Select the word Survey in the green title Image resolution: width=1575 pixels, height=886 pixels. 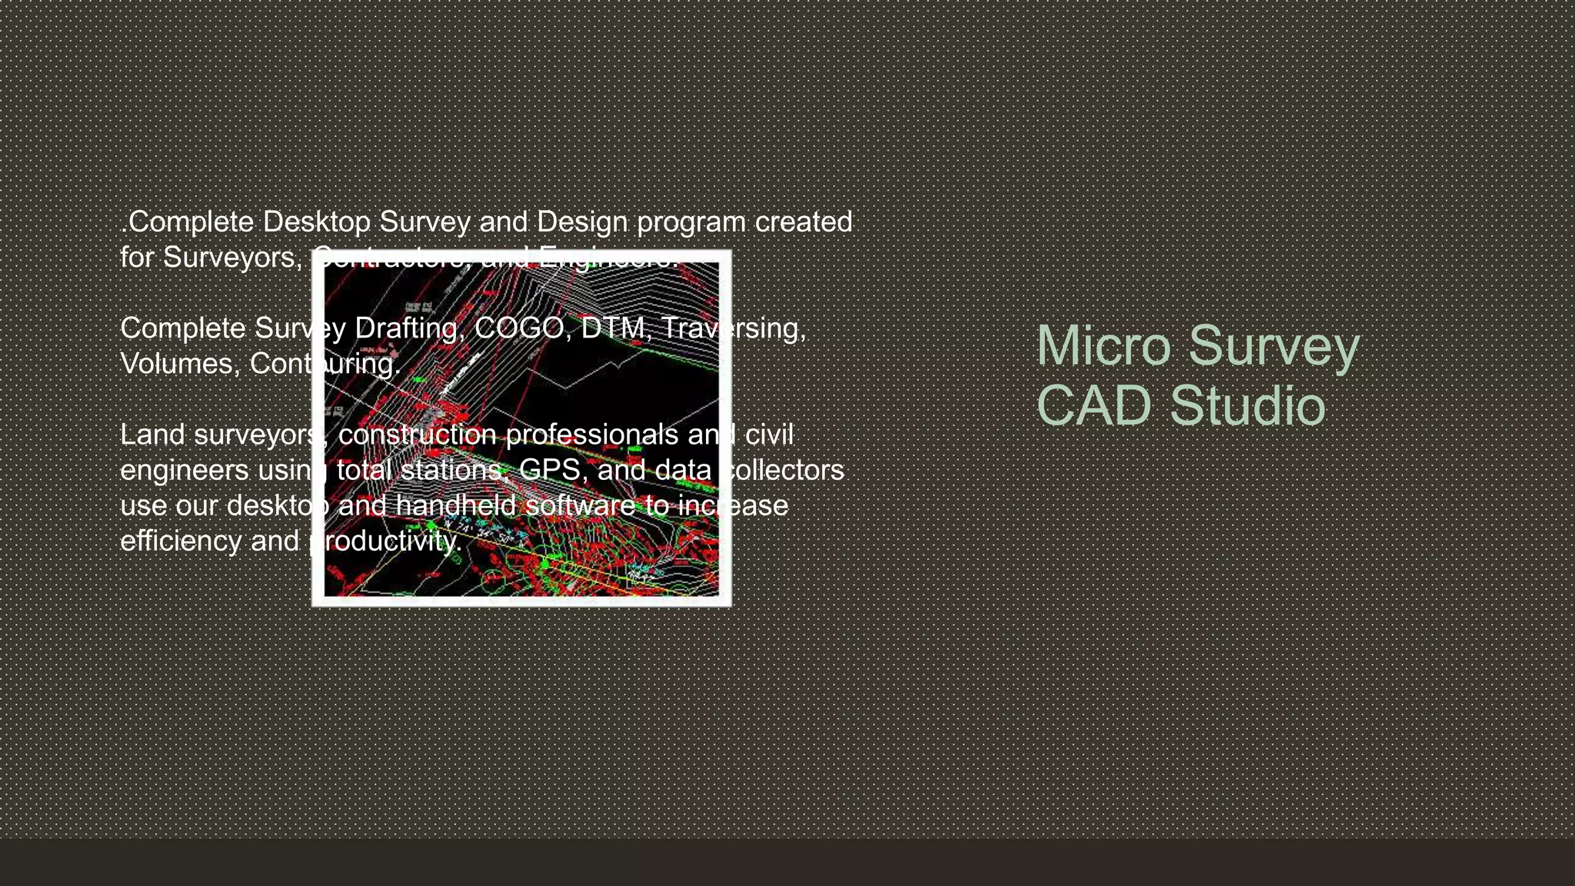1274,347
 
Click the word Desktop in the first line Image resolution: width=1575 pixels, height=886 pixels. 316,222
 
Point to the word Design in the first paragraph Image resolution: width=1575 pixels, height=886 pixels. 582,222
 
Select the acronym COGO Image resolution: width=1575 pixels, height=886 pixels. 519,328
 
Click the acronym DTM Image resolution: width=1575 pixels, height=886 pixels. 613,328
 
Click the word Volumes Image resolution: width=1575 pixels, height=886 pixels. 181,364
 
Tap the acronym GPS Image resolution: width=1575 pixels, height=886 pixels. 550,470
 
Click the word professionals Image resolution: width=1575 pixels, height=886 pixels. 592,435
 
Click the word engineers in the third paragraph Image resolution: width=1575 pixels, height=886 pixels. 185,471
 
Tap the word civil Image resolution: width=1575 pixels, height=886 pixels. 768,435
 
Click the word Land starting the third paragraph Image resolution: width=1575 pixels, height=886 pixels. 152,435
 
